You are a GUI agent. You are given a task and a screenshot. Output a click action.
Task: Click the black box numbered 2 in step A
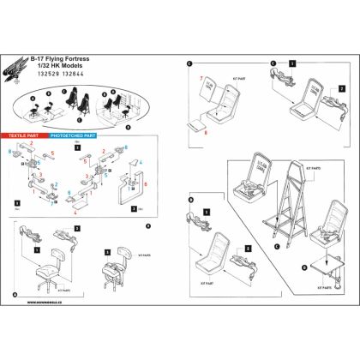tap(76, 229)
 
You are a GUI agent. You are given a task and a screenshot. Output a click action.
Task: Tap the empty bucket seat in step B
tap(214, 258)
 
